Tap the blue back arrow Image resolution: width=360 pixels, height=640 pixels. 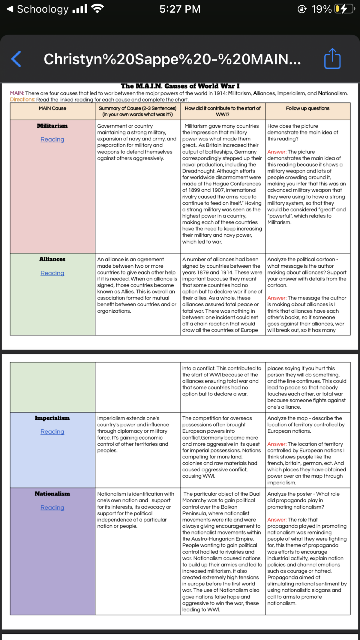[x=16, y=59]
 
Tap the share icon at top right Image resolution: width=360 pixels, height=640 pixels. [x=332, y=59]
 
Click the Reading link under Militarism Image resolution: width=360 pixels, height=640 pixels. [x=52, y=140]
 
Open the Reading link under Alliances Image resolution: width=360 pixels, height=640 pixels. [x=52, y=273]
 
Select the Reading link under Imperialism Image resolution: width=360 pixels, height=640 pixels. [x=52, y=432]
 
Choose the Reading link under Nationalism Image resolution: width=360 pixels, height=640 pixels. [x=52, y=508]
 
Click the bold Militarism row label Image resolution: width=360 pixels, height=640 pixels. [x=52, y=126]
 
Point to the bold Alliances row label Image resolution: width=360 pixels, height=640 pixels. [x=52, y=259]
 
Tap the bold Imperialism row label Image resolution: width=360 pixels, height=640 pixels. [x=52, y=418]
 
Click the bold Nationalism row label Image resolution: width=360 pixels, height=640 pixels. [x=52, y=494]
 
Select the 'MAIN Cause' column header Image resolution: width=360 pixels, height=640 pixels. [x=52, y=108]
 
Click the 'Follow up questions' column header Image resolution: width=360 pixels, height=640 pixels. [x=307, y=108]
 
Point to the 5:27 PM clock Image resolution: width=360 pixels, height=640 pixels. [x=180, y=9]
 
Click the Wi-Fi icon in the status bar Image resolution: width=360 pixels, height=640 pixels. [x=97, y=9]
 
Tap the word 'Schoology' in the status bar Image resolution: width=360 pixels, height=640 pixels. [x=43, y=9]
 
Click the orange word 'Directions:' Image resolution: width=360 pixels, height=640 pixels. [x=22, y=100]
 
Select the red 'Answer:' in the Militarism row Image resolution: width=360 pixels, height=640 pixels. [x=277, y=152]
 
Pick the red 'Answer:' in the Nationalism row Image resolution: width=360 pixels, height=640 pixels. [x=277, y=520]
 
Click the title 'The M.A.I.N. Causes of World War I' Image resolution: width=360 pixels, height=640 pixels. [x=180, y=86]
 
